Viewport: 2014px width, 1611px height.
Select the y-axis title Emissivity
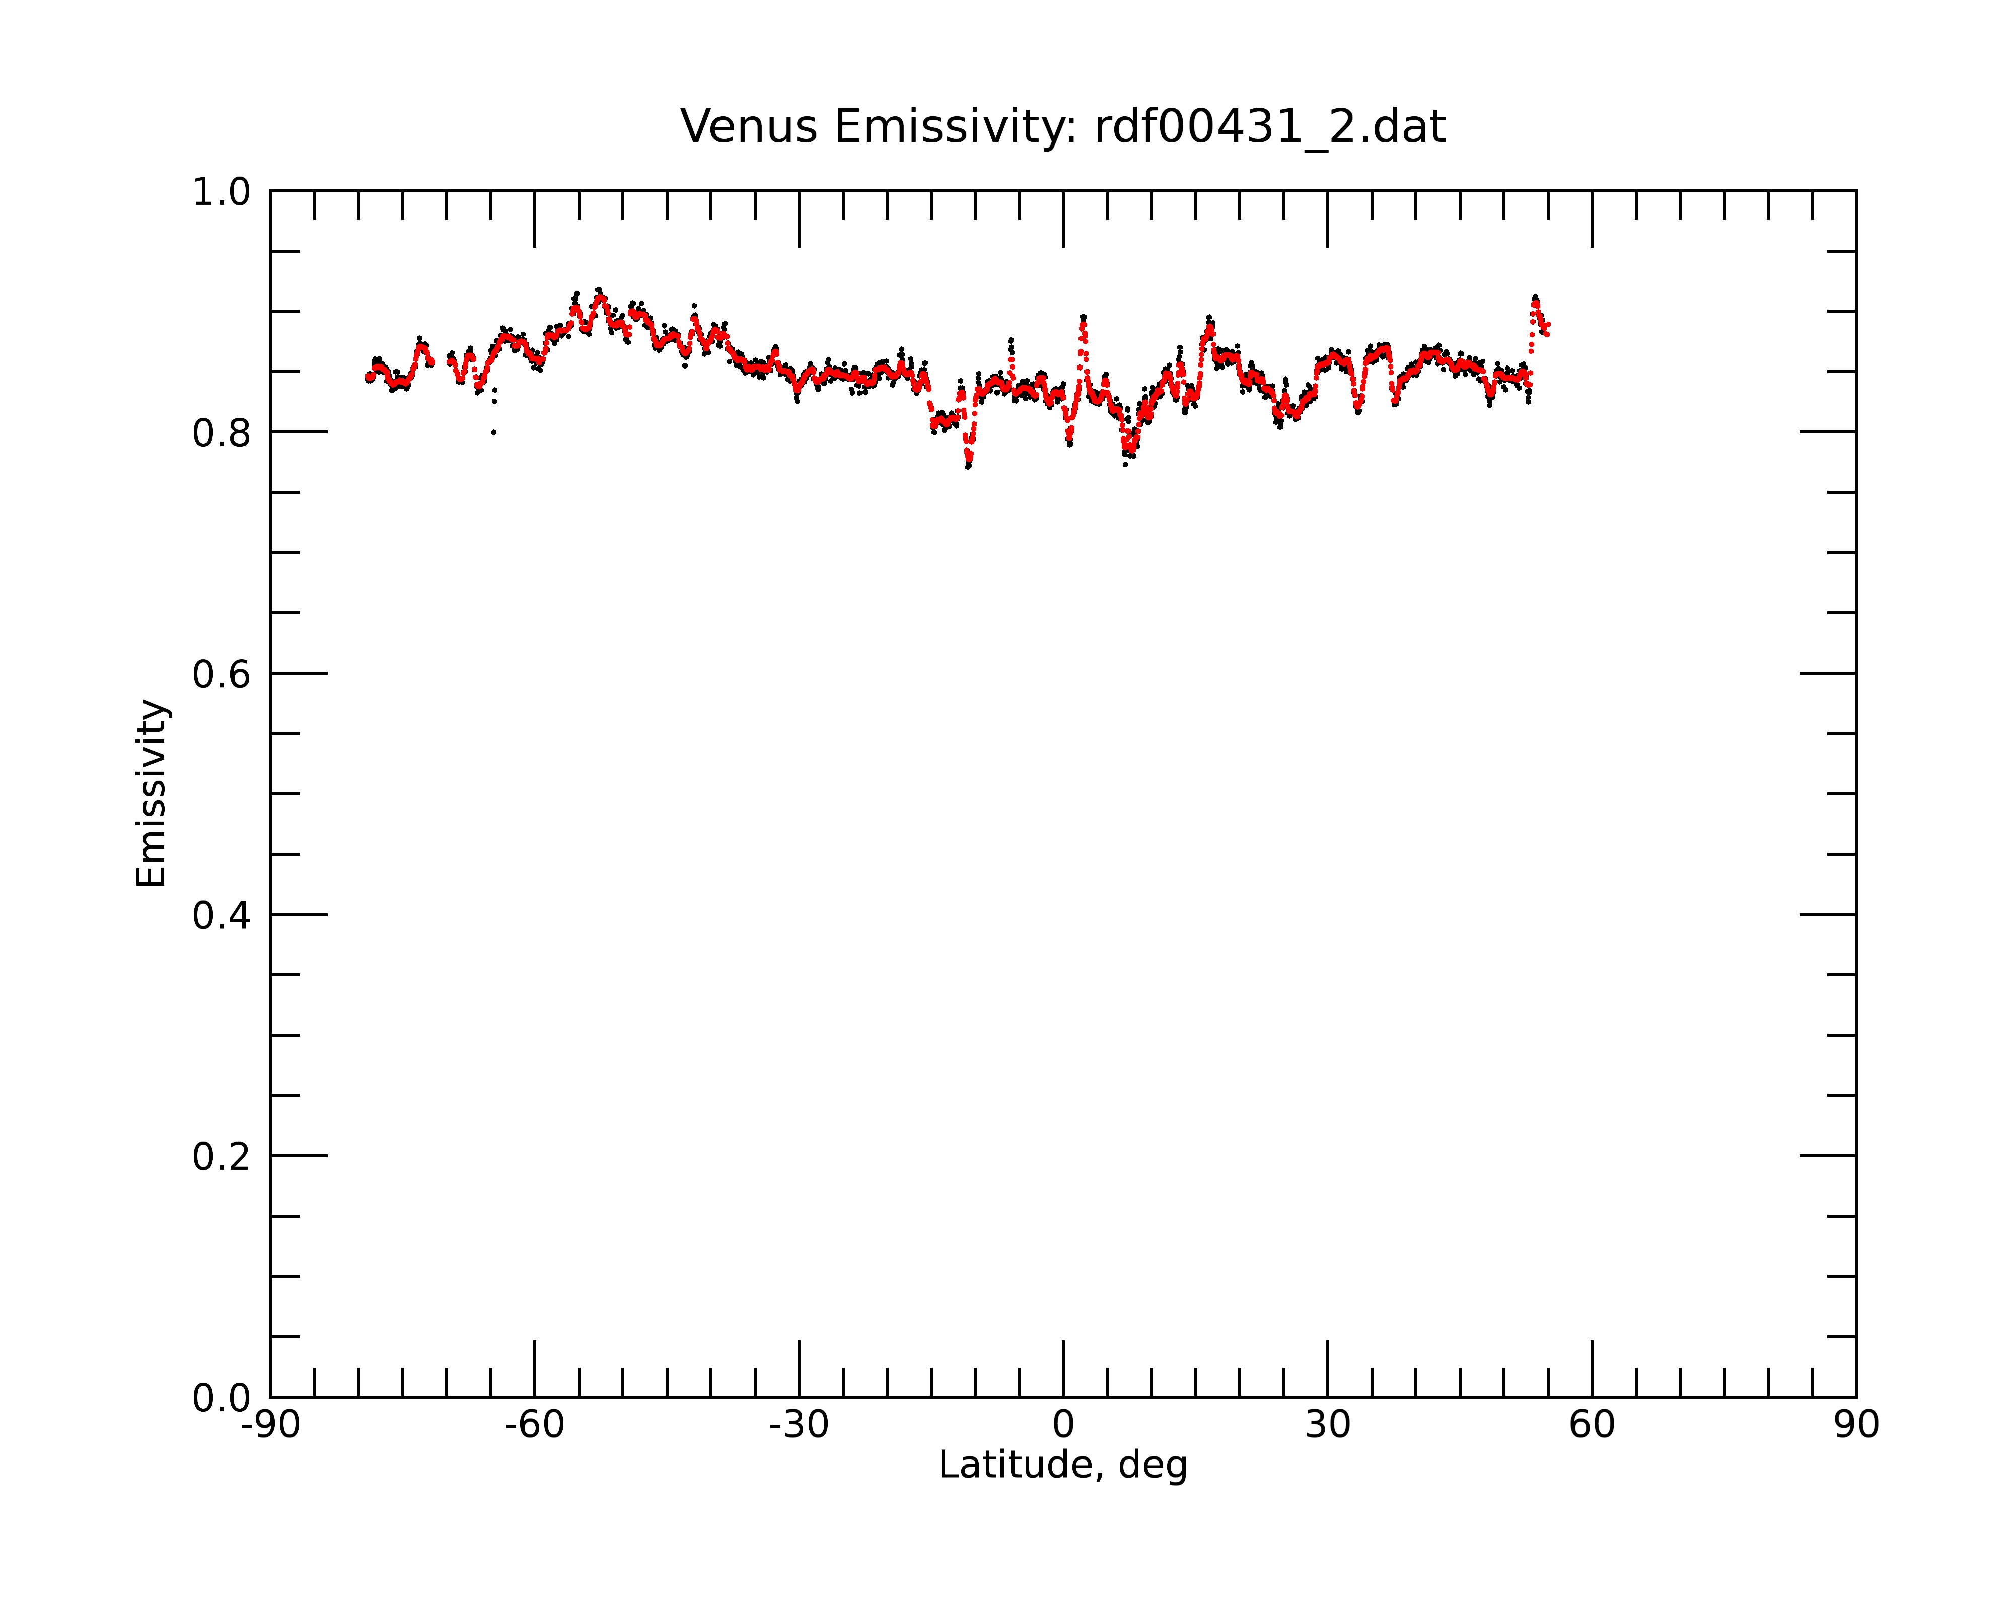(152, 793)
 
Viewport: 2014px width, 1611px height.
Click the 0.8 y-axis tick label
(222, 433)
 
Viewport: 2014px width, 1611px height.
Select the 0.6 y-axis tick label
(222, 674)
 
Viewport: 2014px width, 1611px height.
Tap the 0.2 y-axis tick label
(222, 1157)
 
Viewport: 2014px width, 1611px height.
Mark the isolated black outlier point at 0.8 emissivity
(493, 432)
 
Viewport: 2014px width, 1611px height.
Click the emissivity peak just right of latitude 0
(1083, 319)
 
